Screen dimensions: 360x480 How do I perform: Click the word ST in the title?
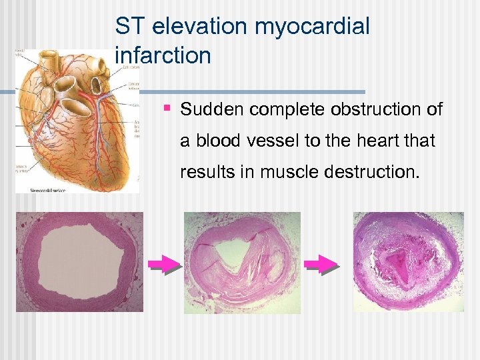129,27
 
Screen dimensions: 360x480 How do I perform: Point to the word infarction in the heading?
163,55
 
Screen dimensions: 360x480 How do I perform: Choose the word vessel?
282,141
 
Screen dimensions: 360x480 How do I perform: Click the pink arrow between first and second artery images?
164,265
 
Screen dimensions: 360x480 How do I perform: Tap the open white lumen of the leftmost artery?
79,261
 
